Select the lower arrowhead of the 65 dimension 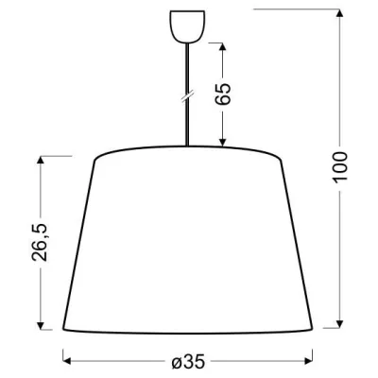(223, 144)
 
